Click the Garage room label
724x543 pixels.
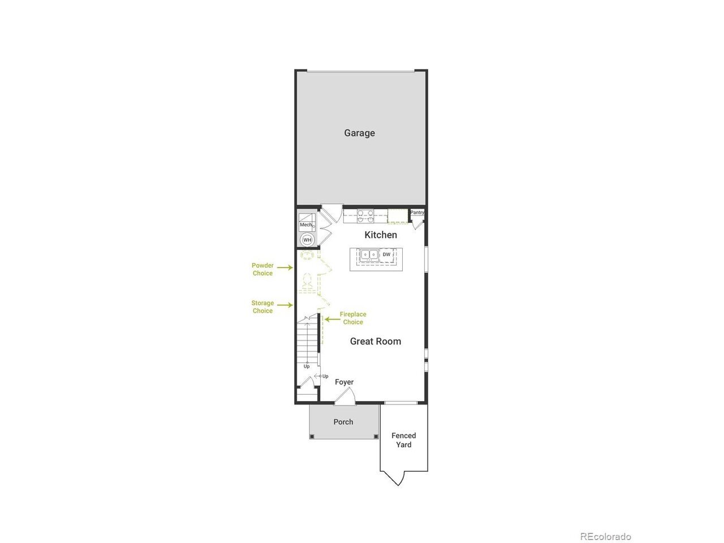(x=359, y=133)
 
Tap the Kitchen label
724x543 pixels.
(x=381, y=235)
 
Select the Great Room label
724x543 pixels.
(x=376, y=341)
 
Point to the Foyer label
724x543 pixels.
(x=344, y=382)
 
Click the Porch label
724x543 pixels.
(x=343, y=422)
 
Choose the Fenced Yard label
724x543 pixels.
(x=404, y=440)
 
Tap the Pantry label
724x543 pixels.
(x=417, y=212)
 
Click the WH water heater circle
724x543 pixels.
(x=307, y=240)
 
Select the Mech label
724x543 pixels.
(x=306, y=225)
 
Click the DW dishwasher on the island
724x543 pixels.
(x=387, y=255)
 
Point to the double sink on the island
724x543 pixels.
(x=369, y=255)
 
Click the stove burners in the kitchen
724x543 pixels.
(x=366, y=216)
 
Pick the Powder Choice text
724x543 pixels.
(x=262, y=269)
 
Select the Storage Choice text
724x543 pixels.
(x=262, y=307)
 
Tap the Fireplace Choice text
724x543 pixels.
(x=353, y=318)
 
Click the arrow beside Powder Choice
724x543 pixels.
(x=285, y=268)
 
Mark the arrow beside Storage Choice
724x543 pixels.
(x=285, y=305)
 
